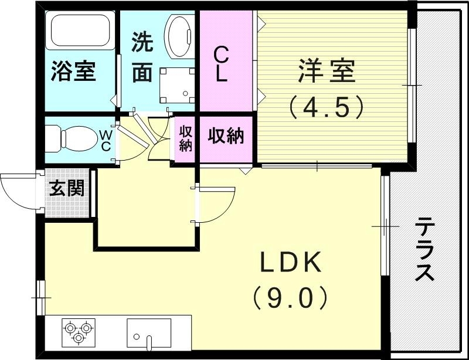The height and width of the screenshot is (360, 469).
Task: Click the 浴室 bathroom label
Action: pyautogui.click(x=73, y=72)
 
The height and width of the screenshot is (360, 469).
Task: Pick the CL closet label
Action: pyautogui.click(x=221, y=65)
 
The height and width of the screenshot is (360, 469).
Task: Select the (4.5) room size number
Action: pyautogui.click(x=326, y=107)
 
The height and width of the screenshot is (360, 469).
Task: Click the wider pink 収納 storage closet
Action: pyautogui.click(x=226, y=137)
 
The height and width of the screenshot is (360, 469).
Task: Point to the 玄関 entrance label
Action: pyautogui.click(x=66, y=189)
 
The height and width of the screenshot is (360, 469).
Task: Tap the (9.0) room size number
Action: pyautogui.click(x=291, y=298)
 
